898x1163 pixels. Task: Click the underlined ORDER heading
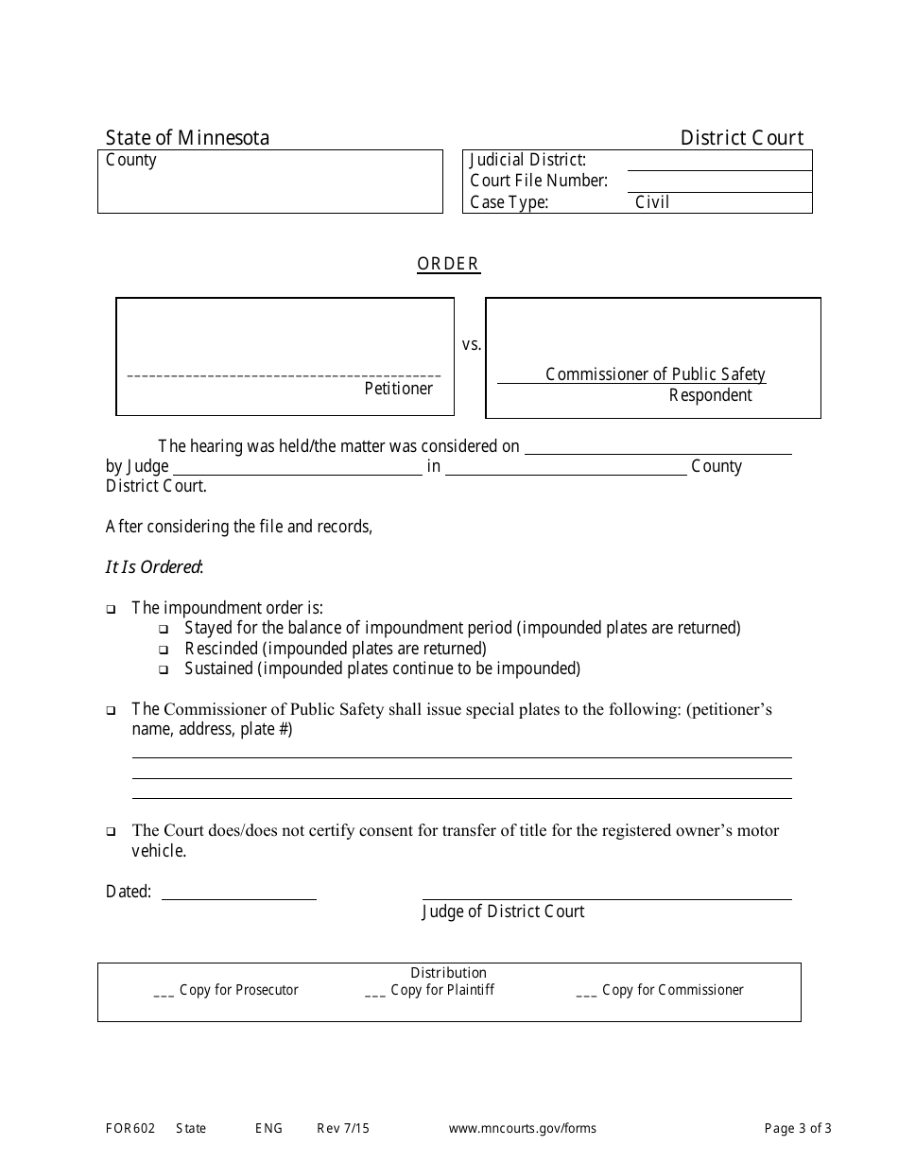(448, 264)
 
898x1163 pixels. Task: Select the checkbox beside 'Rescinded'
(164, 650)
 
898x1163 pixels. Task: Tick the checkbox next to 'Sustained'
(164, 669)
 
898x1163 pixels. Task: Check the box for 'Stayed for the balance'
(164, 629)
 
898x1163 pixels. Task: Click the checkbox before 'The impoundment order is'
(111, 609)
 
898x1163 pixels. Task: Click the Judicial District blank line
(718, 161)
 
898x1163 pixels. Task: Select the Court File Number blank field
(718, 182)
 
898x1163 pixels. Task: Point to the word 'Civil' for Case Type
(652, 202)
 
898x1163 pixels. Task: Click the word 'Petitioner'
(398, 389)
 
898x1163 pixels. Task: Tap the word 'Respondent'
(710, 395)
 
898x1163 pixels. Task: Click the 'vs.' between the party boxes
(471, 345)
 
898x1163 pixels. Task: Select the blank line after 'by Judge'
(297, 466)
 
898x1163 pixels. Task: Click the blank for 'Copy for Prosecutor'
(164, 991)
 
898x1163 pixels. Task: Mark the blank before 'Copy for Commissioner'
(586, 991)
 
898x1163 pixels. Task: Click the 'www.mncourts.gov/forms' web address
(522, 1128)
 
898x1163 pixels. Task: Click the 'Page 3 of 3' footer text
(798, 1128)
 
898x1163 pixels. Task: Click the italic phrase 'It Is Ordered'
(153, 567)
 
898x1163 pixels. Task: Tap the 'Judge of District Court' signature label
(503, 911)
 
